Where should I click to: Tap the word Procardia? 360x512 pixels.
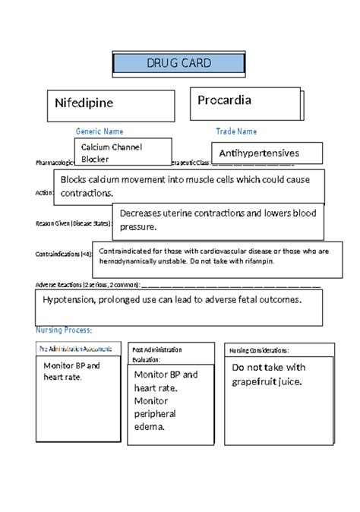[225, 100]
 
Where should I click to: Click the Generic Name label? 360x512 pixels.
[99, 131]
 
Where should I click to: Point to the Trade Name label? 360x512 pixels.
[236, 131]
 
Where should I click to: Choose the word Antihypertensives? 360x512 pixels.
[259, 153]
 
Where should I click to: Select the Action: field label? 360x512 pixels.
[44, 194]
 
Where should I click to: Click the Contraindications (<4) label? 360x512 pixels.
[65, 254]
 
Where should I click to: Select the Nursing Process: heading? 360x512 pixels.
[65, 330]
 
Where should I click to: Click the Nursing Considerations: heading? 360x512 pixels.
[259, 350]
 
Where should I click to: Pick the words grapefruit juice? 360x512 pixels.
[267, 381]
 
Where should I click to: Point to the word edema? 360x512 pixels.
[148, 427]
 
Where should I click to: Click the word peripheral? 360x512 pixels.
[154, 414]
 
